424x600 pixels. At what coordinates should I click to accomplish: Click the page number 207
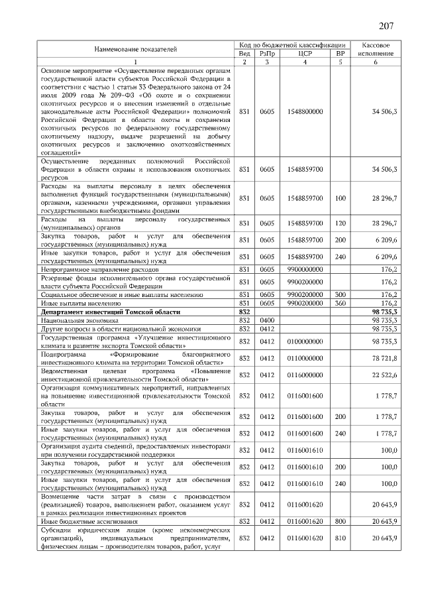[x=386, y=26]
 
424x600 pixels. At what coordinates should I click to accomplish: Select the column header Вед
[x=244, y=53]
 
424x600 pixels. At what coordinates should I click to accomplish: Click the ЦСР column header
[x=305, y=53]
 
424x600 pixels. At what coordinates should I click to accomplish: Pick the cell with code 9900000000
[x=305, y=270]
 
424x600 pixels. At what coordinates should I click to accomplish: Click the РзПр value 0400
[x=267, y=320]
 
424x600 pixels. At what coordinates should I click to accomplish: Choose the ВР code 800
[x=341, y=522]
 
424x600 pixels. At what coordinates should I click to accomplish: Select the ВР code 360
[x=341, y=302]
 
